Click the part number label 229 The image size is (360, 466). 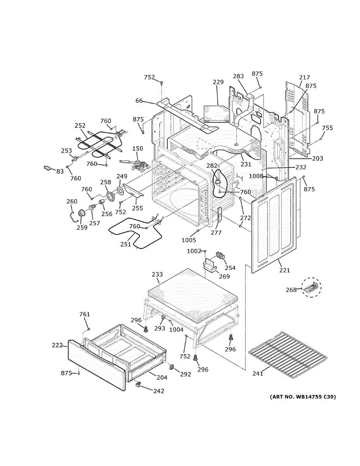coord(218,82)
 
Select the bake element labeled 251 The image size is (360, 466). coord(136,233)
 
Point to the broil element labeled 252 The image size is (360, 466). coord(99,144)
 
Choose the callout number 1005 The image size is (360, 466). coord(189,240)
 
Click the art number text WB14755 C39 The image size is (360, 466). coord(303,397)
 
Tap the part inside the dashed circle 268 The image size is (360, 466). coord(313,288)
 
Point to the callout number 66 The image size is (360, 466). coord(139,101)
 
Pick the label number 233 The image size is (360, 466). coord(157,275)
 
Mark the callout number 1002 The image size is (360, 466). coord(194,251)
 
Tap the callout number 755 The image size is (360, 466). coord(327,128)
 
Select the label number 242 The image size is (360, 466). coord(158,391)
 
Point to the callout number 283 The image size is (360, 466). coord(238,77)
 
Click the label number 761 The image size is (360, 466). coord(85,314)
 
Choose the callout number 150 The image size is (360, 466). coord(138,149)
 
